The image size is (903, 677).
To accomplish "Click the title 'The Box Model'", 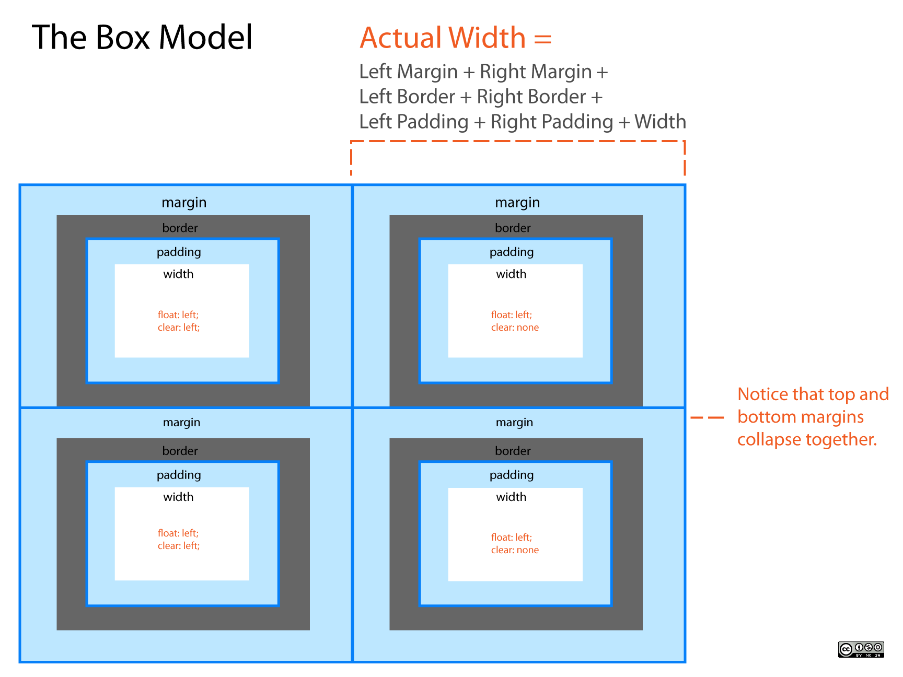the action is (x=142, y=37).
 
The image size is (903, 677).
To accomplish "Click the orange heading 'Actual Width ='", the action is (x=456, y=38).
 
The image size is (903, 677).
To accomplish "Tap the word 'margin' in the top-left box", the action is (x=184, y=203).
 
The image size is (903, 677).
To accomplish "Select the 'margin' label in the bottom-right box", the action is (x=514, y=423).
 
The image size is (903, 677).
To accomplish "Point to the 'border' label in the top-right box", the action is (x=513, y=228).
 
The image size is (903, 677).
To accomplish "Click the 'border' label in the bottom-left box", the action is (x=180, y=451).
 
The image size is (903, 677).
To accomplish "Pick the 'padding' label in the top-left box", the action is (x=179, y=252).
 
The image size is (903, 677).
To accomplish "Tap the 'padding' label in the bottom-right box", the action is (x=512, y=475).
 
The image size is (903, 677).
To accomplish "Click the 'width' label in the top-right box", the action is (x=511, y=274).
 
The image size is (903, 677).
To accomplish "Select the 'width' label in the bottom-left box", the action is (x=178, y=497).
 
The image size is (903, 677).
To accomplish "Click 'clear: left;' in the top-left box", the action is (x=179, y=328).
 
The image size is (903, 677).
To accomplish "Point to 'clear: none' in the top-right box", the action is (x=515, y=328).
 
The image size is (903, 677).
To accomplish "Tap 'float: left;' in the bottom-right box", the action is (x=512, y=538).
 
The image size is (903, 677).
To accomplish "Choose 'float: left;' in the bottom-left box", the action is (x=178, y=533).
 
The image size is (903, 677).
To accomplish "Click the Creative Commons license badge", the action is (x=861, y=649).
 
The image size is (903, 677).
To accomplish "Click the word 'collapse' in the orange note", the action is (x=769, y=440).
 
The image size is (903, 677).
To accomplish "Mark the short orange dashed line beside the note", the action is (x=707, y=418).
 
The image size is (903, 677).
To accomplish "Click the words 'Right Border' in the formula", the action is (x=531, y=97).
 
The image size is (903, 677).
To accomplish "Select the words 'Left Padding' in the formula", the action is (x=414, y=122).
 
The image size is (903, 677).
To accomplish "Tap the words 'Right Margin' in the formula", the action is (x=536, y=72).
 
